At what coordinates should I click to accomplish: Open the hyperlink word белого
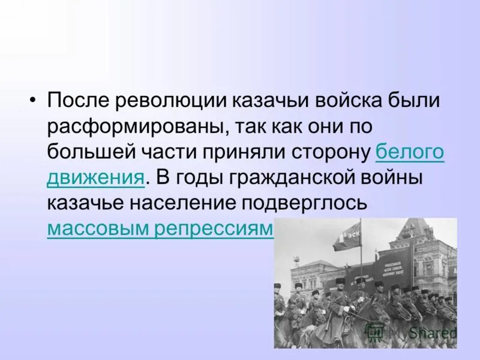409,153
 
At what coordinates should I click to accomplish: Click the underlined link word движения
95,179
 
